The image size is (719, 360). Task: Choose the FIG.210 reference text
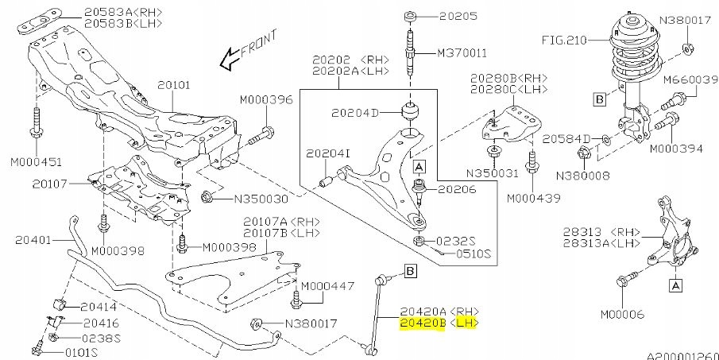(564, 38)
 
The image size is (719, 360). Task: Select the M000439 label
(533, 197)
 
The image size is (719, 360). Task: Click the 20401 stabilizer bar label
(33, 238)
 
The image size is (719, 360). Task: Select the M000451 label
(36, 161)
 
